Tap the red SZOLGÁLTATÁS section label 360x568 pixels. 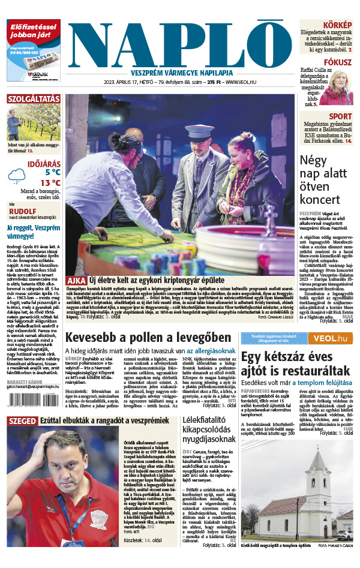pos(34,98)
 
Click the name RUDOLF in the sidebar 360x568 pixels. pos(22,211)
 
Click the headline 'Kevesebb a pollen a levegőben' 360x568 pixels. pos(148,338)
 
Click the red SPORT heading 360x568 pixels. pos(340,116)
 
